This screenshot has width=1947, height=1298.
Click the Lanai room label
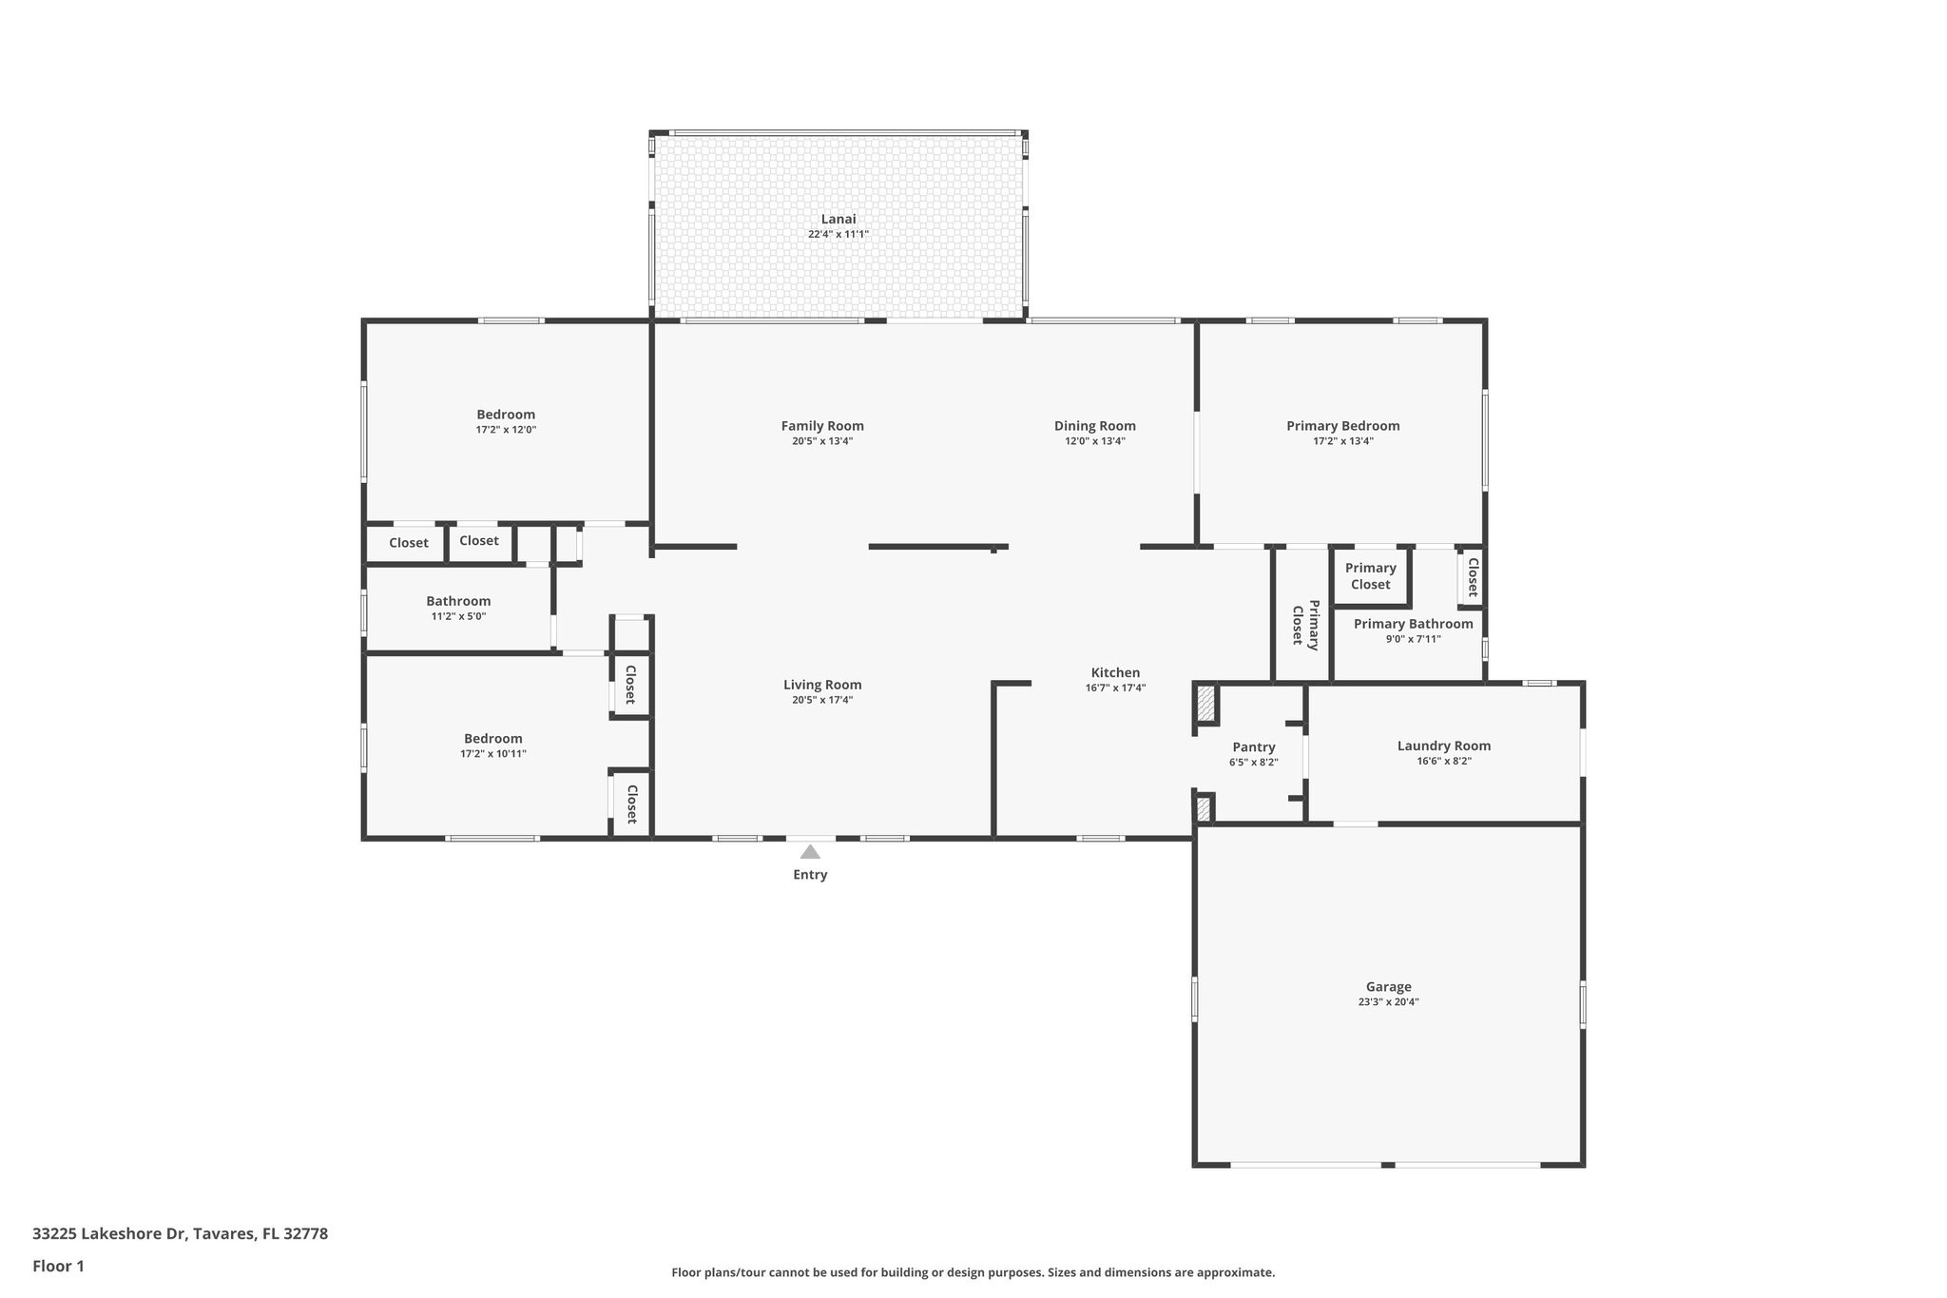tap(839, 219)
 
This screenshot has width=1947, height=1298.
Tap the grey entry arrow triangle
tap(810, 852)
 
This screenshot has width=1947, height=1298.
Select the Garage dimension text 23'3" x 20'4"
tap(1388, 1002)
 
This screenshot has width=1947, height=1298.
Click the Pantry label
tap(1253, 747)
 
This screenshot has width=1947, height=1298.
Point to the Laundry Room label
tap(1443, 746)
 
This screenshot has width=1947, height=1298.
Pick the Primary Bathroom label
tap(1413, 624)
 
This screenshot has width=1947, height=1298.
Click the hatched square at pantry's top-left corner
tap(1205, 705)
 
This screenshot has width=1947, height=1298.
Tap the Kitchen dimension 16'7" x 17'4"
tap(1115, 688)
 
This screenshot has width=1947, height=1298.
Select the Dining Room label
tap(1094, 426)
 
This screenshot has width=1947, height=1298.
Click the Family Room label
tap(822, 426)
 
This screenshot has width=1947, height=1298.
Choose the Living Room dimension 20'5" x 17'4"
tap(822, 700)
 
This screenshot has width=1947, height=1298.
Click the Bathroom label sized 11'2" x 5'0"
tap(458, 601)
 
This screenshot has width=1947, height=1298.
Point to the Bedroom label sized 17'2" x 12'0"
tap(506, 415)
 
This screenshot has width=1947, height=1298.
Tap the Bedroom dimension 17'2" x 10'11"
tap(492, 754)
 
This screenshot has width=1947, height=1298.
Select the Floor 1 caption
tap(58, 1266)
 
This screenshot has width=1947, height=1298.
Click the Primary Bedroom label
tap(1342, 426)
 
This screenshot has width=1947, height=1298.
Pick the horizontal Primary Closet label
tap(1370, 576)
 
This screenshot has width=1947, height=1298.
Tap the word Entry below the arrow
tap(810, 875)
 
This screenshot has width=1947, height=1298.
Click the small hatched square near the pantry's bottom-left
tap(1203, 809)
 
